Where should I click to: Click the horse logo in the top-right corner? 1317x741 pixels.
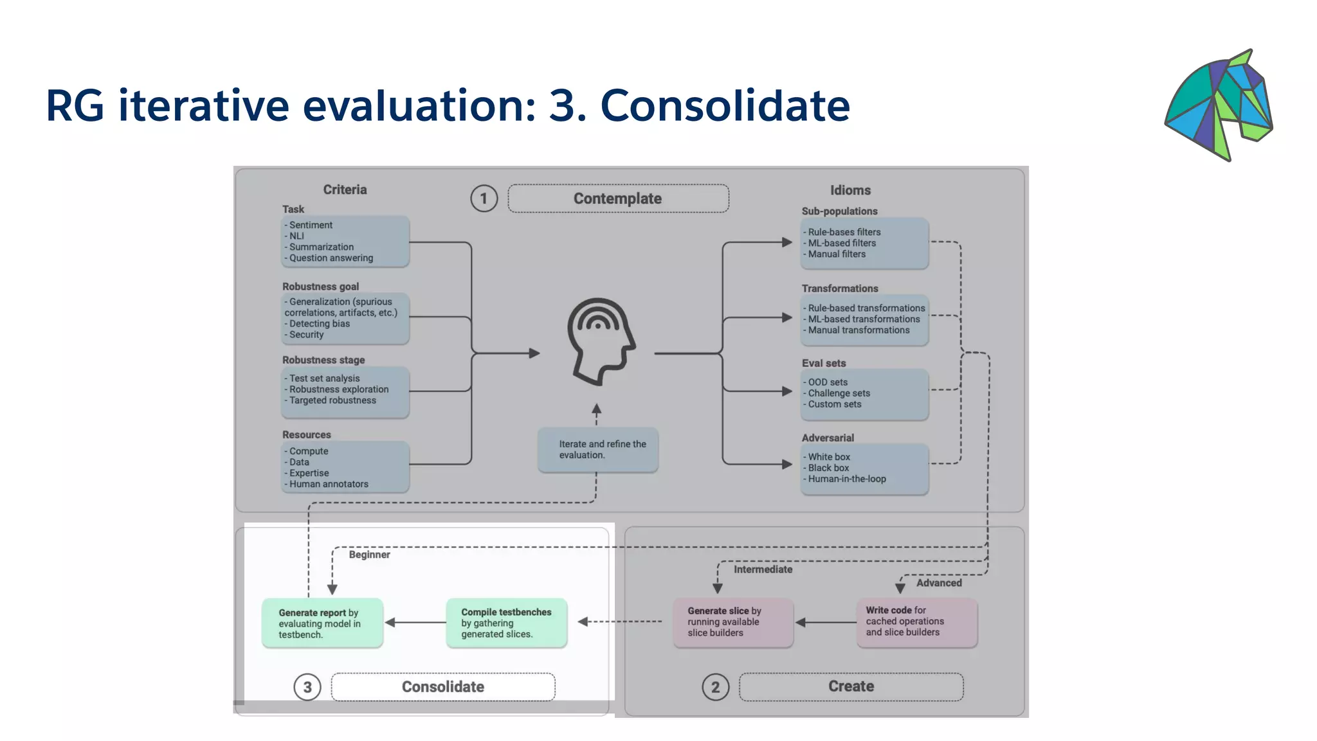(1219, 105)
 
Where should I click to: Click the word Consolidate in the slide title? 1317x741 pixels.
(725, 106)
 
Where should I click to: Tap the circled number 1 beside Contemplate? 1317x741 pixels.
(484, 199)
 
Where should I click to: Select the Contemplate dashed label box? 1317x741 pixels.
(618, 199)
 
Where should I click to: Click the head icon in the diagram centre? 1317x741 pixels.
(601, 341)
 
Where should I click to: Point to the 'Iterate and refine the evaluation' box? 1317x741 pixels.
(598, 450)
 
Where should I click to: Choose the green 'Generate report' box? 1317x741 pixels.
(322, 623)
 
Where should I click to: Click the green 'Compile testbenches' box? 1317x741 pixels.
(507, 623)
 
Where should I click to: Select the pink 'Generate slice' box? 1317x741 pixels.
(733, 622)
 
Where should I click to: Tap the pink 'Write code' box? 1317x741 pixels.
(917, 621)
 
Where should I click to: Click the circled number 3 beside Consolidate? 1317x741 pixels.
(307, 687)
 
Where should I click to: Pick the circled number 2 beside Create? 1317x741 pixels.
(715, 687)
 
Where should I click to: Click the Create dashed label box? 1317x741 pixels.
(851, 686)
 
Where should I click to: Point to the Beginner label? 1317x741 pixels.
(369, 555)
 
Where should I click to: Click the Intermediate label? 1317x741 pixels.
(763, 569)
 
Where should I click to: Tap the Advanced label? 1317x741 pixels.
(939, 583)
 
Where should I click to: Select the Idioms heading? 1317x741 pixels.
(850, 190)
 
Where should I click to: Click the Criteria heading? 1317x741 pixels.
(345, 190)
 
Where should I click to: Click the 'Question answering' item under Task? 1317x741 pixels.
(331, 258)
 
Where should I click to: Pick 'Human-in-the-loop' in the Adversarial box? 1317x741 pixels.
(847, 479)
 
